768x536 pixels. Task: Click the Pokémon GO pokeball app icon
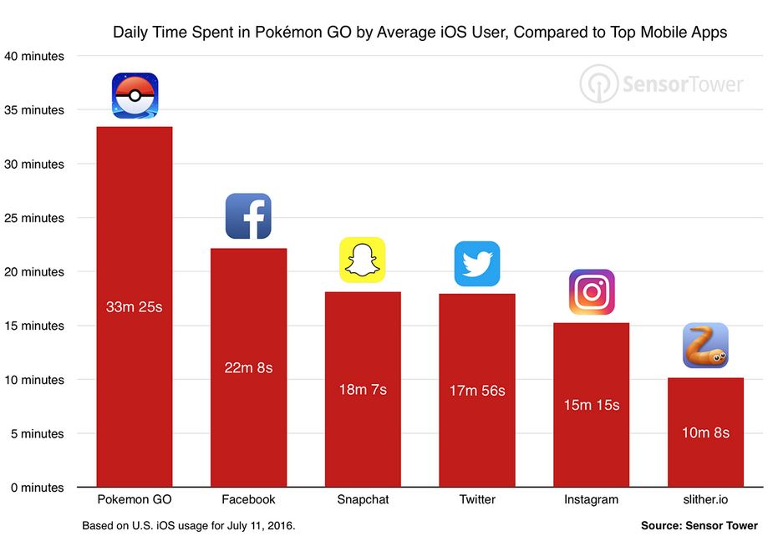pos(135,95)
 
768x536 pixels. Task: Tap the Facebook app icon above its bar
pos(248,216)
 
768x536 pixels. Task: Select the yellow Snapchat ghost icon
pos(362,260)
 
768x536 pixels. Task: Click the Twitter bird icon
pos(476,264)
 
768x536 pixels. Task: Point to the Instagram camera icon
pos(592,292)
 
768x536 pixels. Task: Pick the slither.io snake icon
pos(705,346)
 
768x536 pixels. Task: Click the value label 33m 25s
pos(134,306)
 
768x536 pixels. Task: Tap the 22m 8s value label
pos(248,367)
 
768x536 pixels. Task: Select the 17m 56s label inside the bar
pos(476,390)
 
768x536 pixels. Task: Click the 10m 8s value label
pos(705,432)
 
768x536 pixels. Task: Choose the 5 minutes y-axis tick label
pos(36,433)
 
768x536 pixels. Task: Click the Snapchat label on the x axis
pos(363,499)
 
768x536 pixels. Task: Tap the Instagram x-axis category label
pos(591,499)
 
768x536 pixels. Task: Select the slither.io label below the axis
pos(705,499)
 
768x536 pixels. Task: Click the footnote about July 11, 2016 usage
pos(188,526)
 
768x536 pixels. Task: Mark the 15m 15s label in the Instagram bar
pos(591,405)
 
